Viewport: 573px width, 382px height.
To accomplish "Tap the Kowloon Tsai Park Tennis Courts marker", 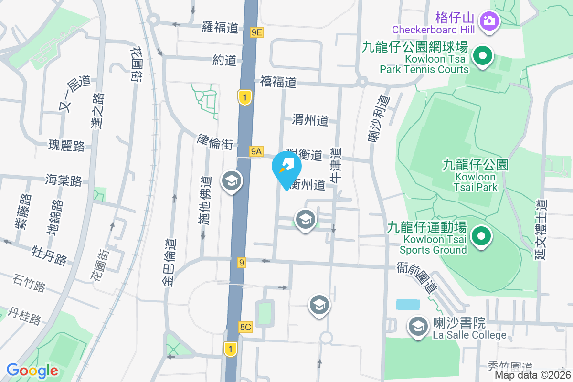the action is [x=483, y=56].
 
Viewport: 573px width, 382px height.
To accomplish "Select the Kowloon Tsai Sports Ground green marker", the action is [x=482, y=236].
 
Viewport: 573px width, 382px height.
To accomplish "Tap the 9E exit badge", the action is [x=257, y=32].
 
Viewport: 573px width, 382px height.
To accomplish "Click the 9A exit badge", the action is [x=256, y=151].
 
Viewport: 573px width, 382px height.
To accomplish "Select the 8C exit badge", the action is [x=245, y=327].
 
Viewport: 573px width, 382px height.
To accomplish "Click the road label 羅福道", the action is [x=220, y=27].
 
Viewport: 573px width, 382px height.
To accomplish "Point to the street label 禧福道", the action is [x=278, y=82].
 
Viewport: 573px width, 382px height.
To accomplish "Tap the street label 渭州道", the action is [x=310, y=120].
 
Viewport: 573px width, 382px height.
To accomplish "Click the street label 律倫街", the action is [x=215, y=141].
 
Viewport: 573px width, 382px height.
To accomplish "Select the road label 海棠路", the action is [x=64, y=180].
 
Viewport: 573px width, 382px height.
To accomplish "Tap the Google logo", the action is [x=32, y=370].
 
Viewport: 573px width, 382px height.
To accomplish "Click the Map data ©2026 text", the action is [x=532, y=375].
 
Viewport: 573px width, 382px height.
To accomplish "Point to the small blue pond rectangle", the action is [x=408, y=305].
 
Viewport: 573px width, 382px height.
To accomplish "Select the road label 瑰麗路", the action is [x=66, y=146].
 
